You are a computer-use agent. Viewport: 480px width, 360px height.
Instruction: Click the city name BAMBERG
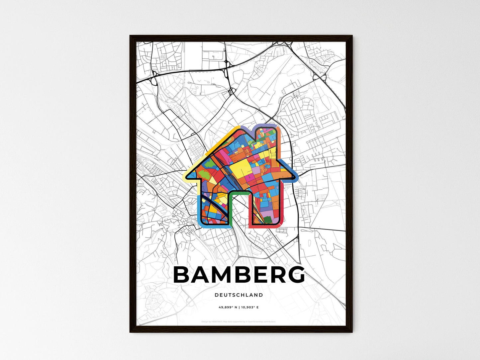[239, 275]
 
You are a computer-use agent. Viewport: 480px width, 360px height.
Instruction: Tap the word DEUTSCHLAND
[239, 295]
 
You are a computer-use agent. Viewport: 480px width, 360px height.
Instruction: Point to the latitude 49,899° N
[228, 308]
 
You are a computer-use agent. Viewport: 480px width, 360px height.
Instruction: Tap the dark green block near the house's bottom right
[268, 220]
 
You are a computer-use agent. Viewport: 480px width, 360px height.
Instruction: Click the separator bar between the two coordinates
[239, 308]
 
